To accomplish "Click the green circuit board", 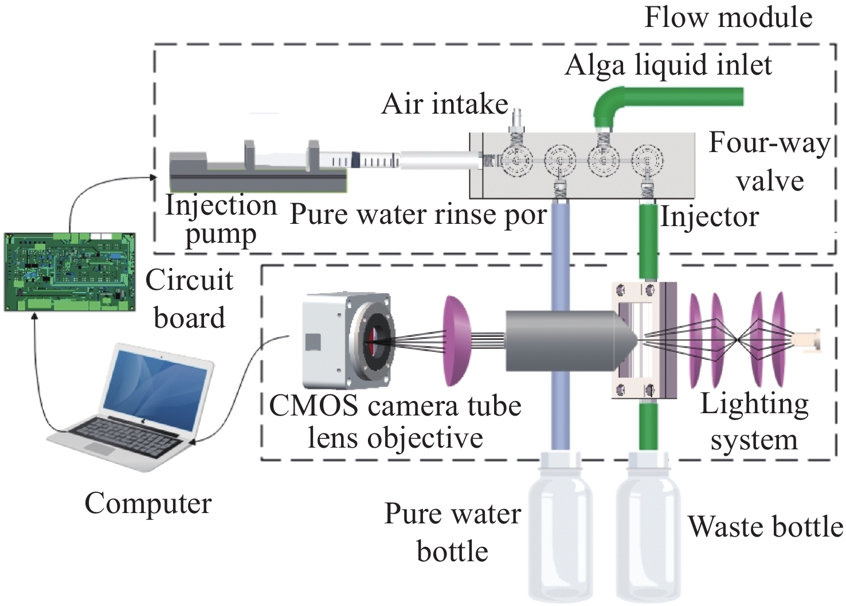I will [x=69, y=272].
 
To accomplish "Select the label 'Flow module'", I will [x=728, y=17].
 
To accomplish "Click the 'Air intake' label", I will [x=445, y=104].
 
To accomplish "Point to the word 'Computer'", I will [x=148, y=504].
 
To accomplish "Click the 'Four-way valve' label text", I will [x=770, y=162].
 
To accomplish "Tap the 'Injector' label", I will [x=710, y=217].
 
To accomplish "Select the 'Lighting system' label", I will [x=754, y=422].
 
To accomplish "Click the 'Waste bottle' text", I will [x=765, y=527].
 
